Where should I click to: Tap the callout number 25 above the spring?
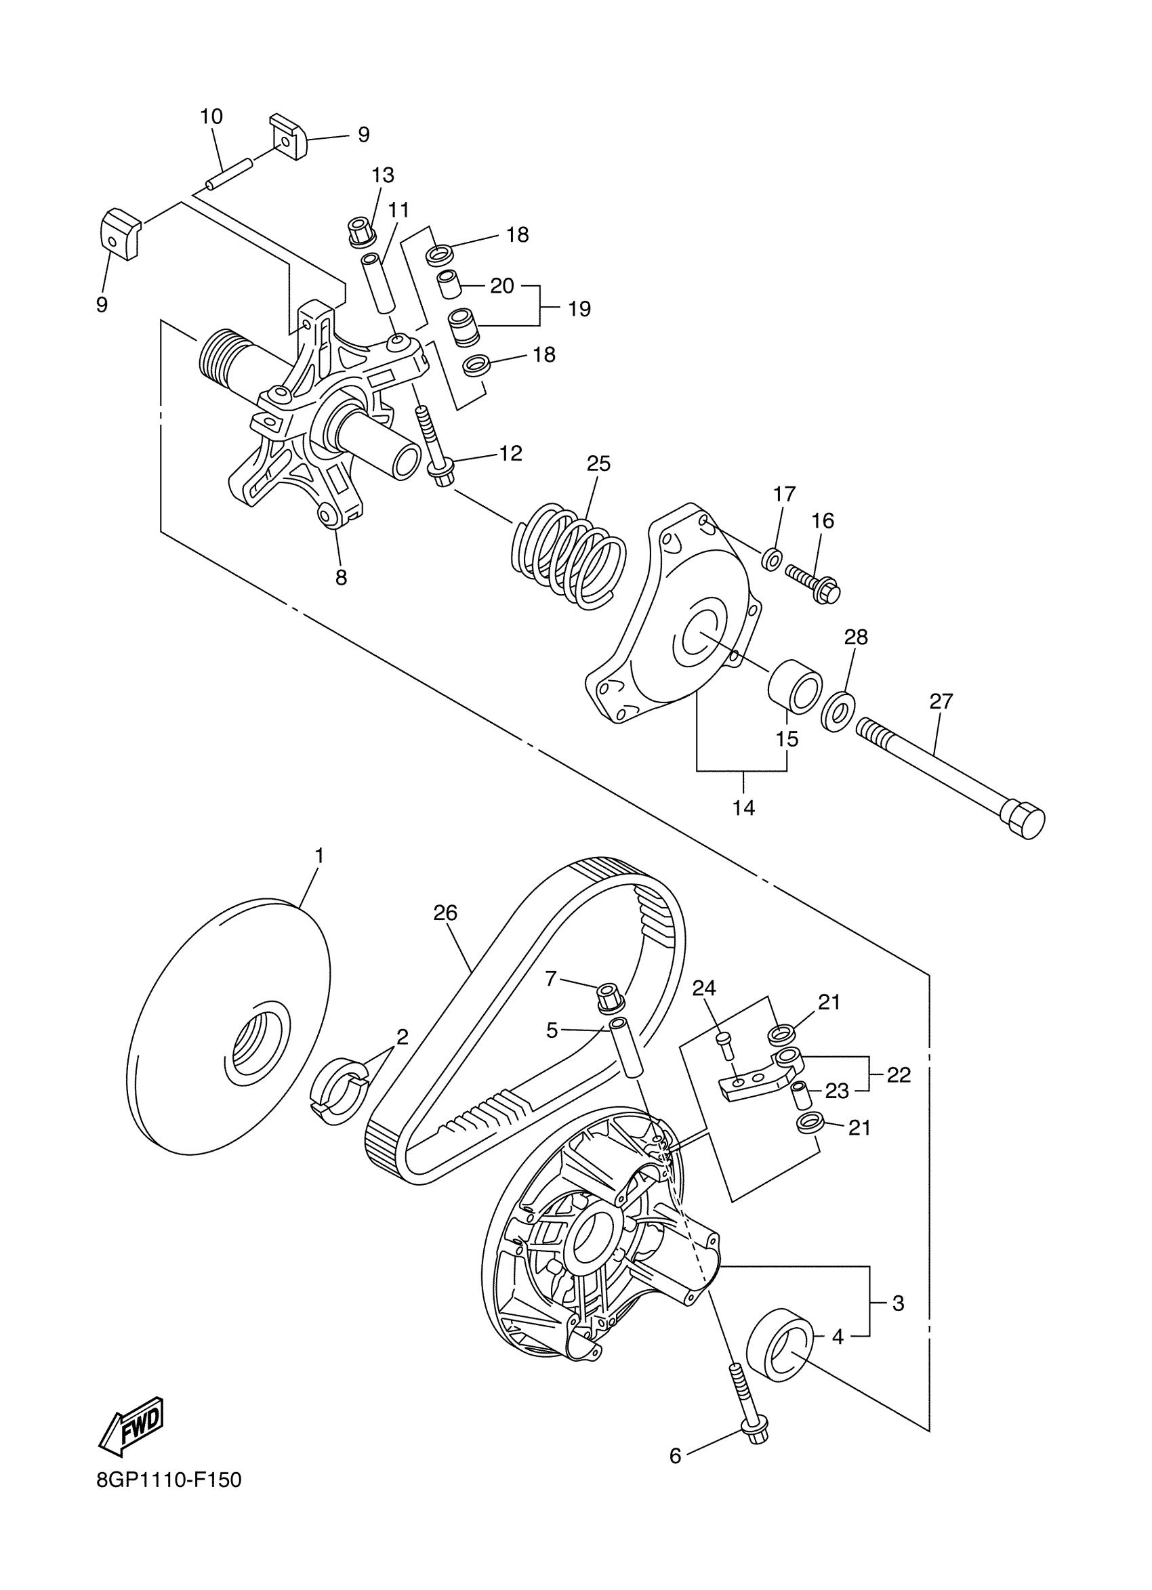(599, 463)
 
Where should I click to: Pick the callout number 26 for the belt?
(445, 913)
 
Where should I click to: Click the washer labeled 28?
(837, 711)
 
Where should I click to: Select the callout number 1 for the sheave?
(320, 856)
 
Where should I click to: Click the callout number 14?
(744, 808)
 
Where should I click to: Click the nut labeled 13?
(361, 232)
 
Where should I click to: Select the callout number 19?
(579, 308)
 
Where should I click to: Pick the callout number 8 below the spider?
(342, 578)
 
